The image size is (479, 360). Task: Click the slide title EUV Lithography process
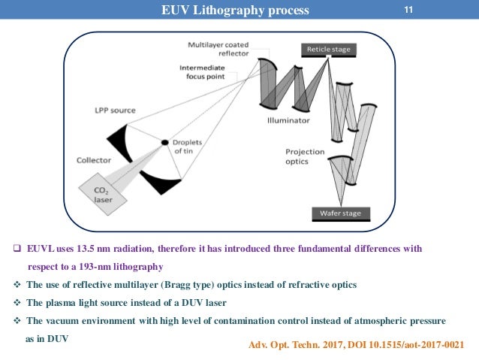click(x=234, y=11)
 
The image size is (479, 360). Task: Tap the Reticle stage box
click(x=326, y=50)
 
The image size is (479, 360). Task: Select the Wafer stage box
click(x=336, y=213)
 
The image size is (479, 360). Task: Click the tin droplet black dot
click(x=165, y=142)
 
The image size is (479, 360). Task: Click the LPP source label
click(x=116, y=110)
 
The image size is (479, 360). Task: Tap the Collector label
click(x=93, y=159)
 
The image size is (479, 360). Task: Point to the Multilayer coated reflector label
click(x=218, y=49)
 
